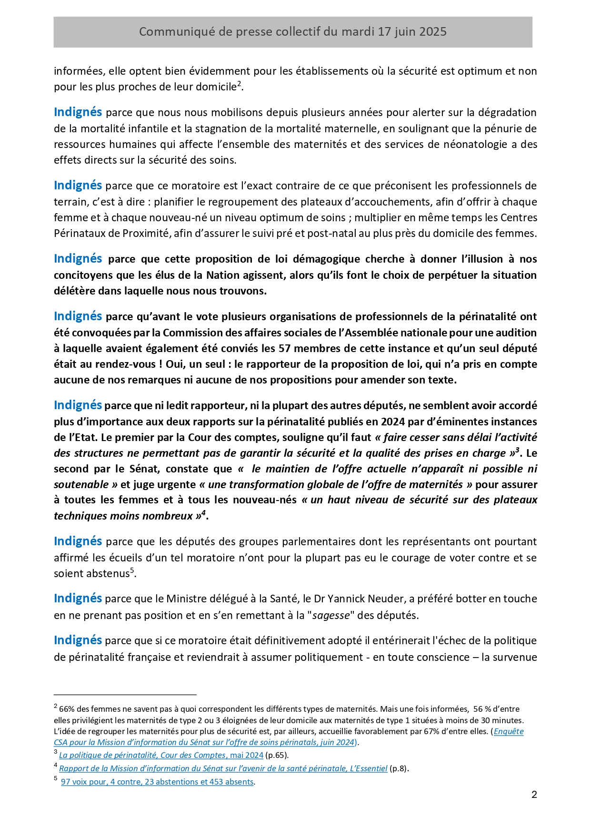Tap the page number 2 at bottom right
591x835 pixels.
pyautogui.click(x=534, y=794)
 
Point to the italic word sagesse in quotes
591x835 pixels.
pyautogui.click(x=331, y=615)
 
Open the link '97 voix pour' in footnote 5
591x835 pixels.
pyautogui.click(x=84, y=782)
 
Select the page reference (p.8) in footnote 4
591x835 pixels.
pyautogui.click(x=399, y=768)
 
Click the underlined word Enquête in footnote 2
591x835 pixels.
pyautogui.click(x=509, y=731)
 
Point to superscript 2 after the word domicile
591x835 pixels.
pyautogui.click(x=240, y=84)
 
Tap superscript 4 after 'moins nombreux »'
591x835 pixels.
pyautogui.click(x=203, y=513)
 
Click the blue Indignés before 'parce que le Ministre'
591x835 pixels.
pyautogui.click(x=78, y=599)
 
